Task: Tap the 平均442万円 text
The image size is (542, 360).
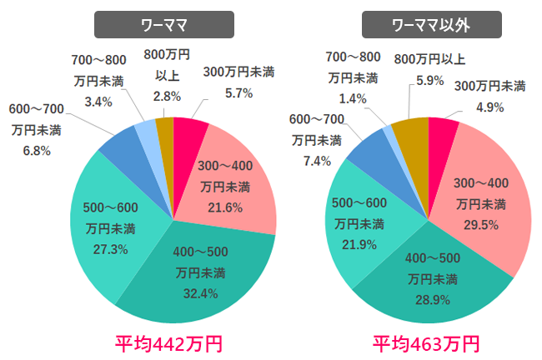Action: click(x=167, y=342)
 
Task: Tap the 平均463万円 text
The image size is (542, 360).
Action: click(x=426, y=342)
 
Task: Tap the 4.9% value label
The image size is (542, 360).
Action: click(x=489, y=106)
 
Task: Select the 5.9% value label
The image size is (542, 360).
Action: click(x=430, y=80)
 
